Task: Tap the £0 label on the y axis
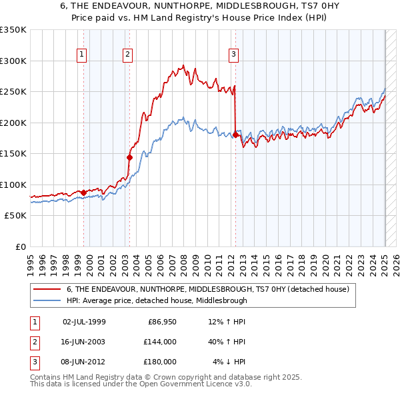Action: point(20,246)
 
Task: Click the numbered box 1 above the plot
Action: point(81,55)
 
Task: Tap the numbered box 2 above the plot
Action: point(127,55)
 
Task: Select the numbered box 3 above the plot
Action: point(234,55)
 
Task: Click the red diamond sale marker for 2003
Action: point(130,157)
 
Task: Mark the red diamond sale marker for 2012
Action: point(235,135)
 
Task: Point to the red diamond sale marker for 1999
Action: point(83,193)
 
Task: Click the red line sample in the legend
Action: point(47,289)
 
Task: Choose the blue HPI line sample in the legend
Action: point(47,300)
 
